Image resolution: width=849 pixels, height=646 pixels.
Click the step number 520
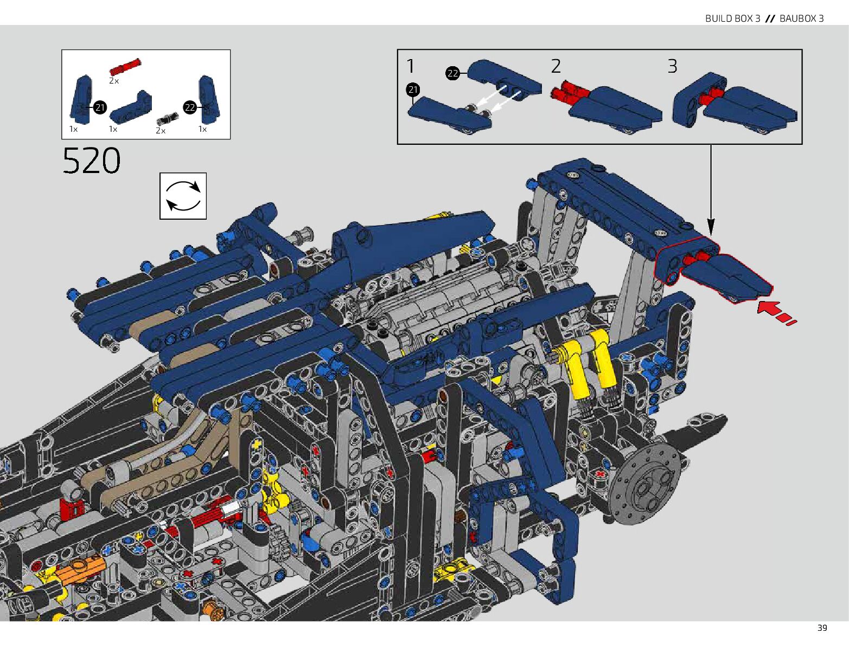point(91,161)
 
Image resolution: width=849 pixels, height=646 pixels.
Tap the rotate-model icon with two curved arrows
point(183,196)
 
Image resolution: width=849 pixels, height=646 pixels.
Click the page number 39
point(822,628)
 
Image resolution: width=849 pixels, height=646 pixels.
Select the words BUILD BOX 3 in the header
point(732,18)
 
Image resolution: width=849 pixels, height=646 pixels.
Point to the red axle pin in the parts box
point(125,67)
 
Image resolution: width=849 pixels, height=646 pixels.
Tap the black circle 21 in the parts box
point(100,107)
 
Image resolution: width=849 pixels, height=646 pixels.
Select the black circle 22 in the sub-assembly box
point(452,73)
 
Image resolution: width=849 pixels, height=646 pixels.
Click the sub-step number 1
point(411,66)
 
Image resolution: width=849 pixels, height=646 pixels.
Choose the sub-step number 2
point(556,66)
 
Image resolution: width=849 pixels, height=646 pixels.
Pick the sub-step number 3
point(672,66)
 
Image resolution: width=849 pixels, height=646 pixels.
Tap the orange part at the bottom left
point(80,569)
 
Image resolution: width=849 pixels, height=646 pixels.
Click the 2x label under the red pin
point(114,81)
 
